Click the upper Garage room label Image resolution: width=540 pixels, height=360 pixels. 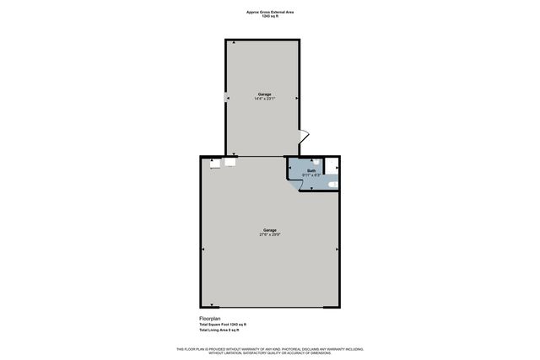click(264, 94)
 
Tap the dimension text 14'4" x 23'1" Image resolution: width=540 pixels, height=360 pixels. click(264, 99)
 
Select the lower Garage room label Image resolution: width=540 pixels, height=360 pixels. click(270, 229)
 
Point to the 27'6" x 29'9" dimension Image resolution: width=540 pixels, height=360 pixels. click(270, 234)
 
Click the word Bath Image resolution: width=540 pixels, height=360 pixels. click(311, 170)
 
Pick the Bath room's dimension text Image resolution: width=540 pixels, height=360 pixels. click(311, 175)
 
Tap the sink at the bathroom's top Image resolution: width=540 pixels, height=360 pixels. click(314, 161)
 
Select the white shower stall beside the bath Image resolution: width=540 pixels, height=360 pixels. click(332, 167)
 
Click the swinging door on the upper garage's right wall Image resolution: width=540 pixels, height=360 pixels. click(305, 137)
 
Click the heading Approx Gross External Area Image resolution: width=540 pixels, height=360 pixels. click(270, 12)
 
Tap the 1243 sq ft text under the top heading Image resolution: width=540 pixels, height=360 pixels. click(270, 17)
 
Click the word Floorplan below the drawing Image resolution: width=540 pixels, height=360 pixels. click(209, 318)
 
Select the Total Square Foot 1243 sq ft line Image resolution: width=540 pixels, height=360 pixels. click(223, 325)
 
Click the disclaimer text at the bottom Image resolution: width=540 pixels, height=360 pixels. click(270, 351)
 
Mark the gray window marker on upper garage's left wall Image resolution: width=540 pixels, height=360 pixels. click(226, 98)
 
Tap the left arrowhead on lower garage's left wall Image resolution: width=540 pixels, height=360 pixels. click(203, 250)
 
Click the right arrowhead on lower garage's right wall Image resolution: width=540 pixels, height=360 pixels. click(337, 250)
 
